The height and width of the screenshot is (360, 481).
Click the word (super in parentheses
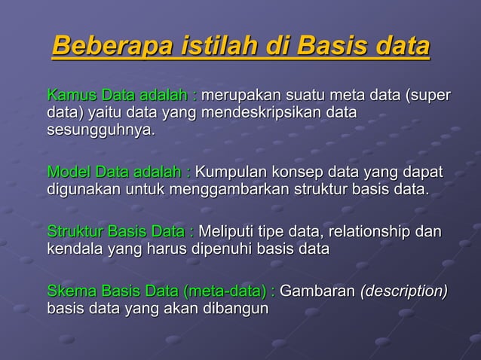(x=428, y=96)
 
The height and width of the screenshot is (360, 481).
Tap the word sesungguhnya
(x=101, y=130)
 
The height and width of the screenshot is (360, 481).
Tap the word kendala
(x=73, y=247)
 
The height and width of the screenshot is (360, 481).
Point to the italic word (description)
(x=404, y=291)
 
